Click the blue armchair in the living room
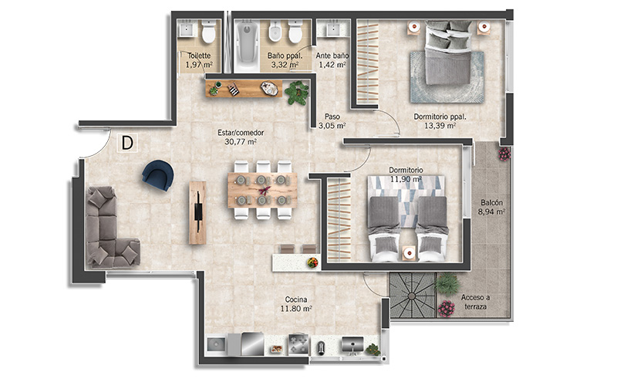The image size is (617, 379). pos(158,175)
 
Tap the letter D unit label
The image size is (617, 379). pos(127,143)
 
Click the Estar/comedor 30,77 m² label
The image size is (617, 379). pos(241,137)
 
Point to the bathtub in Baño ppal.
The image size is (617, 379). pos(247,42)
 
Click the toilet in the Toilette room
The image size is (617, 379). pos(208,32)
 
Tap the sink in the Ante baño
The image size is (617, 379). pos(333,29)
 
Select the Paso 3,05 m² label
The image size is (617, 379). pos(332,121)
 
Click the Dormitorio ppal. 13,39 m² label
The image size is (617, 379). pos(440,121)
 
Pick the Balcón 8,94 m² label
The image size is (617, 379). pos(491,207)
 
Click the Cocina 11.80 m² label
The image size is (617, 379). pos(296,304)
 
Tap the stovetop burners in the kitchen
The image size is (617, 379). pos(299,344)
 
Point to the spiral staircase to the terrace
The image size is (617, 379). pos(413,295)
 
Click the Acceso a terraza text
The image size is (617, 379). pos(475,302)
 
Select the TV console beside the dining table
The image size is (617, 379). pos(197,213)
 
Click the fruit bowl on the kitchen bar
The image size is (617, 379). pos(313,262)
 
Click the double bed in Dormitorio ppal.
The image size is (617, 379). pos(448,53)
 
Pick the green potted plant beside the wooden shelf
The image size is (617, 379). pos(297,93)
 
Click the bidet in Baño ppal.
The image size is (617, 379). pos(275,32)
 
